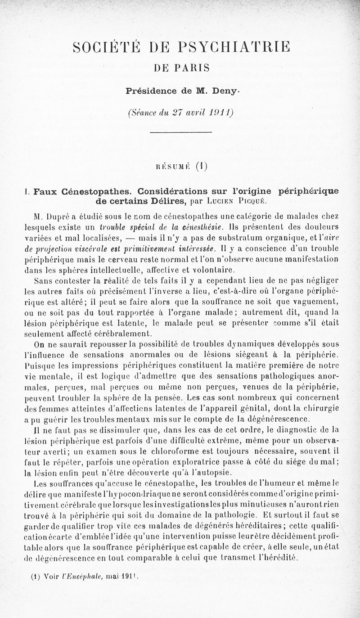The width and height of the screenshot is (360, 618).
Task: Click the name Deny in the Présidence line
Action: [x=221, y=90]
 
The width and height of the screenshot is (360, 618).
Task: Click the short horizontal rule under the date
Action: [x=180, y=132]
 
